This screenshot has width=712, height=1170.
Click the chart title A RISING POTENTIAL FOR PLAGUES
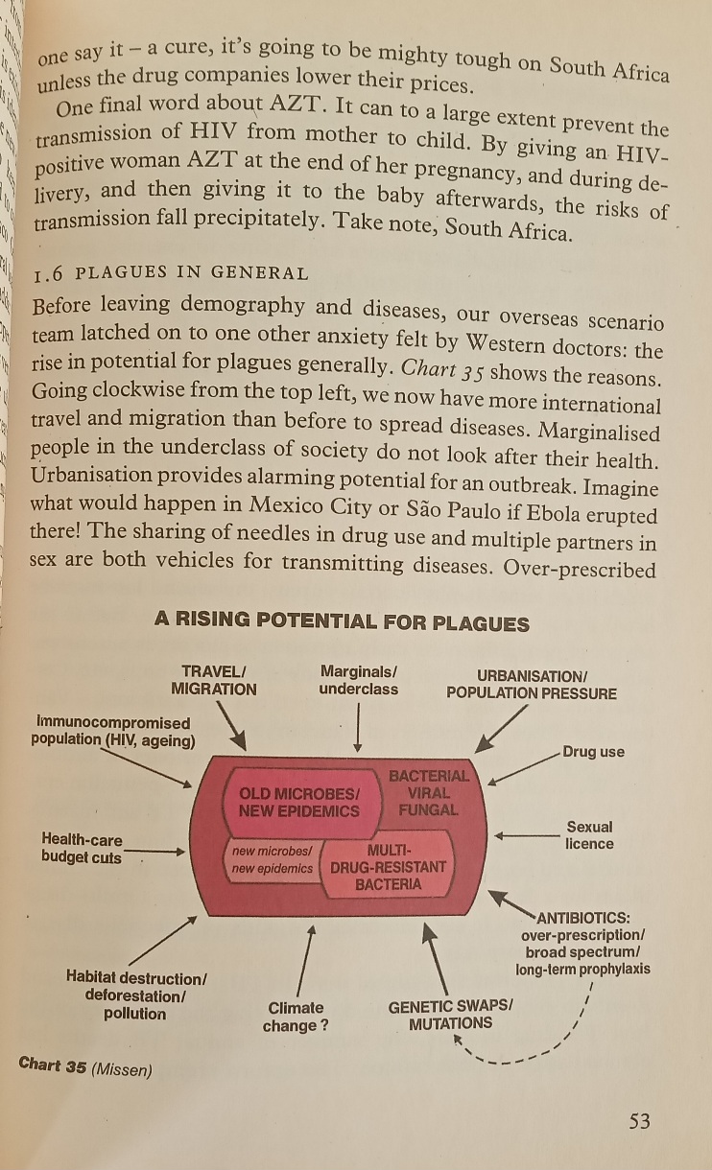(342, 622)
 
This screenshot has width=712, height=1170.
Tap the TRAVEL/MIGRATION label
(214, 680)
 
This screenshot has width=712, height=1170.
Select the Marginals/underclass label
(358, 680)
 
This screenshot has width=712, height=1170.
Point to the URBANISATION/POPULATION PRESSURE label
(531, 685)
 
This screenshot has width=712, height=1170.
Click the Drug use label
(593, 752)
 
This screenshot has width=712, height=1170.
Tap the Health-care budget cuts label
(82, 849)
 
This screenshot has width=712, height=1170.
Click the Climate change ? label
(296, 1017)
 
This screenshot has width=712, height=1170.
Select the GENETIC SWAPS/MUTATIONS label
(450, 1015)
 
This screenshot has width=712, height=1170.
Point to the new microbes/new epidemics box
(273, 859)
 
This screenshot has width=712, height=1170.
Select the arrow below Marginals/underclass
(358, 727)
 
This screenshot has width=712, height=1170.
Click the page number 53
(639, 1120)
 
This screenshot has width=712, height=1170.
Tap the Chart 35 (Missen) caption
(85, 1066)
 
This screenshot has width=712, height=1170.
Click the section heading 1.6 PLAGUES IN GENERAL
(171, 273)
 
